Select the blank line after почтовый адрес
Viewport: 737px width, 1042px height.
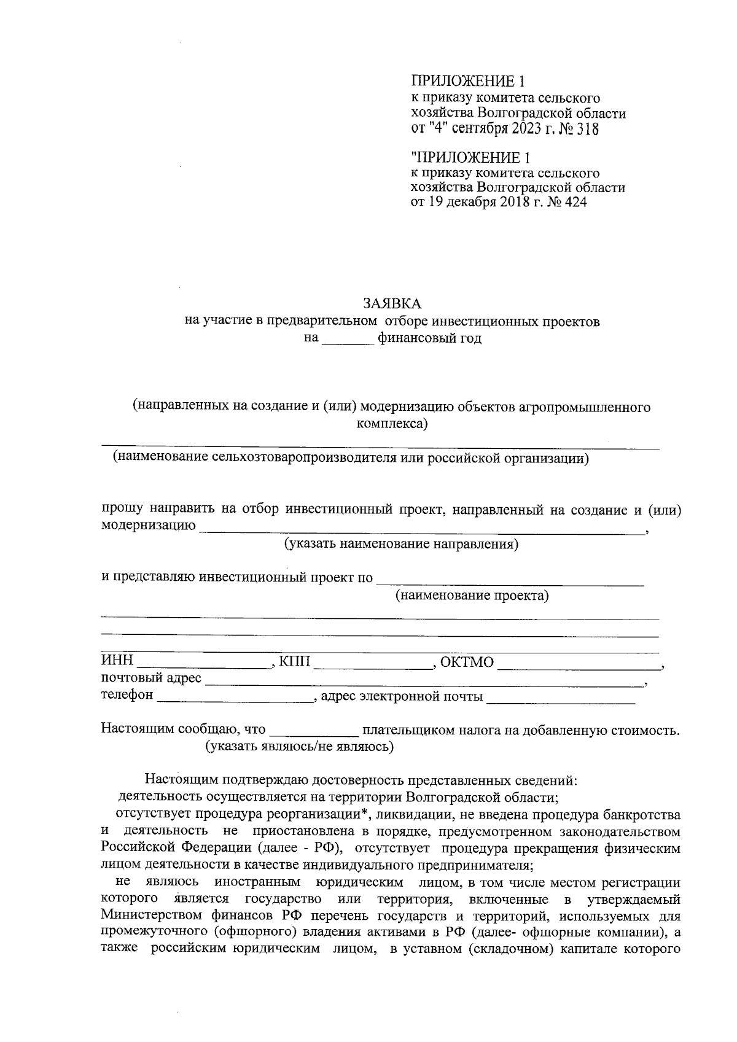point(424,680)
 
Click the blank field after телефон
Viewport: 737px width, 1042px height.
point(235,698)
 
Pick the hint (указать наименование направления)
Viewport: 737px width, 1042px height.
point(401,545)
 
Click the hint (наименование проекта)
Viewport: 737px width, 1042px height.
point(472,596)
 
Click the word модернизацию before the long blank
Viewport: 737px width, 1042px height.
point(149,526)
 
